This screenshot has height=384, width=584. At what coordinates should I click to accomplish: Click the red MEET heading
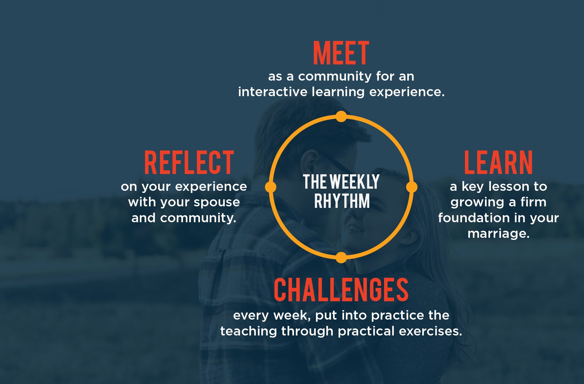[341, 53]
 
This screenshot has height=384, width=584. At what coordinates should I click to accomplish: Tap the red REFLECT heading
[189, 162]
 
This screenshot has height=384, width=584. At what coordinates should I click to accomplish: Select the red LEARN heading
[498, 162]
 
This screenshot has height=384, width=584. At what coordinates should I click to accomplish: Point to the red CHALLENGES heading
[341, 290]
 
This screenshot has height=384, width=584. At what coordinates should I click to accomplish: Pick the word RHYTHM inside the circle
[342, 201]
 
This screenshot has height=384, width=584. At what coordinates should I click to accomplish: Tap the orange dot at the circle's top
[341, 116]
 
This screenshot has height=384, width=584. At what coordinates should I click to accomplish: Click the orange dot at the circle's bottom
[341, 257]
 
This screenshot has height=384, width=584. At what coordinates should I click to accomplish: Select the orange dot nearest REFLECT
[270, 187]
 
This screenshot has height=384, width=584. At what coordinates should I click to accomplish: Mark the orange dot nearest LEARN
[412, 187]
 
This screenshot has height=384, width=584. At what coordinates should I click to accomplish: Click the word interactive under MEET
[273, 92]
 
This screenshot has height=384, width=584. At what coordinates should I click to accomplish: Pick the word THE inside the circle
[315, 182]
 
